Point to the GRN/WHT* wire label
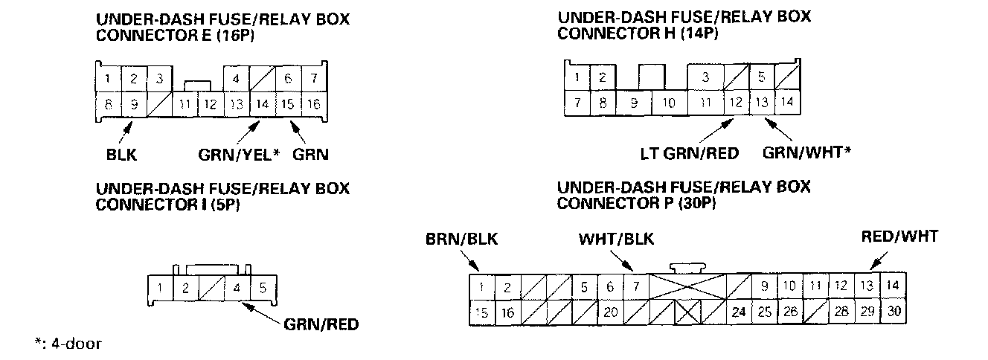pos(807,154)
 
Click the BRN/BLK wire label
pos(461,240)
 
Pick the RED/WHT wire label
pos(900,237)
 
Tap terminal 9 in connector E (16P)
pos(134,105)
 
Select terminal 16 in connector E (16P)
pos(313,105)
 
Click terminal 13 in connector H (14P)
pos(761,103)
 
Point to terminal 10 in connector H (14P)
pos(668,103)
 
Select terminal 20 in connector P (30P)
pos(610,312)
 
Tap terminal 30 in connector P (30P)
pos(894,312)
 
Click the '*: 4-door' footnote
pos(68,344)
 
